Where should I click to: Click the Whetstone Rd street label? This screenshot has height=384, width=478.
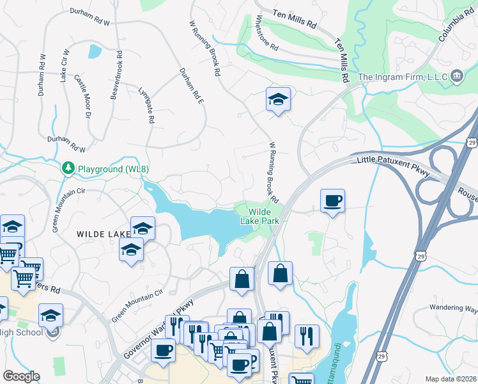tap(267, 34)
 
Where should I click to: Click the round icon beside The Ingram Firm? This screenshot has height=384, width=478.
tap(457, 77)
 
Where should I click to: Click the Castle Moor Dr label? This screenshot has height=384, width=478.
tap(84, 96)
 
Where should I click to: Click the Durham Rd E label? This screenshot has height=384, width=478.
tap(191, 92)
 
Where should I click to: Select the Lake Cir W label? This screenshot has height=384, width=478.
tap(64, 65)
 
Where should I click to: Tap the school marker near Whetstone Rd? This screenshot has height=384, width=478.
tap(278, 99)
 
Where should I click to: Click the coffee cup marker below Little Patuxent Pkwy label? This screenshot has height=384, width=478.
tap(332, 200)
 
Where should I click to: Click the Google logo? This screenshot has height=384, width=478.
tap(20, 376)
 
